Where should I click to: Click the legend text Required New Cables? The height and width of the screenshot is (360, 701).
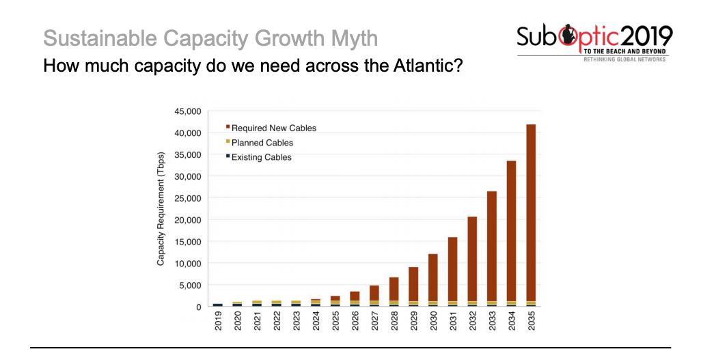click(x=274, y=128)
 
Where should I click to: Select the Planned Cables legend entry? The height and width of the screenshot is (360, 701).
click(x=262, y=143)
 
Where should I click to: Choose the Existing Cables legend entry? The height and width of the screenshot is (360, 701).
click(x=262, y=157)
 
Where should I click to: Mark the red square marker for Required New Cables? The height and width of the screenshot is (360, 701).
click(x=227, y=128)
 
